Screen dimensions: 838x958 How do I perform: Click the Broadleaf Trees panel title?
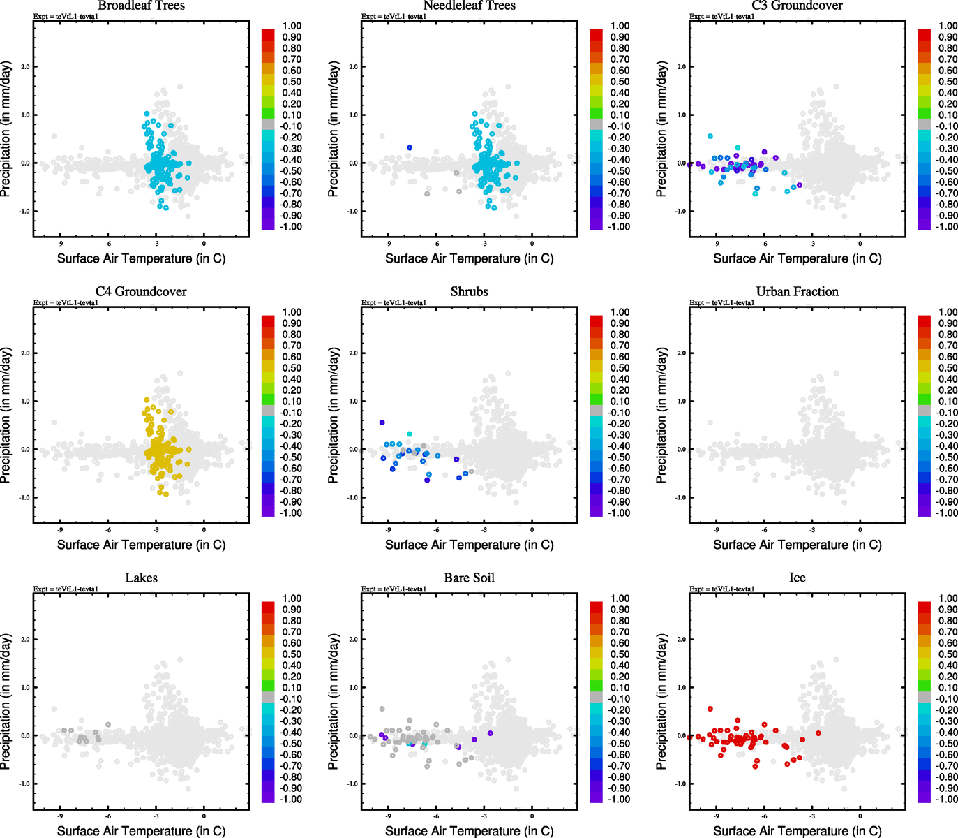(x=141, y=6)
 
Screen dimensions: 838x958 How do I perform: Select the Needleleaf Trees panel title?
(x=469, y=6)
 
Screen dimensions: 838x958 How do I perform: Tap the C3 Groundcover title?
(x=797, y=6)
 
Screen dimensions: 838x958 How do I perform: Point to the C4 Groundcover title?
(x=141, y=291)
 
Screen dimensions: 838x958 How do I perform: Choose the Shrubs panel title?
(x=469, y=291)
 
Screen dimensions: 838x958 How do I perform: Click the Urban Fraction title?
(x=797, y=291)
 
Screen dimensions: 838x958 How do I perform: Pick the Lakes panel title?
(x=141, y=578)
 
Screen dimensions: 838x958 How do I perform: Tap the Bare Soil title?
(x=469, y=578)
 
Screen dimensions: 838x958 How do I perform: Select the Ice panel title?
(x=797, y=578)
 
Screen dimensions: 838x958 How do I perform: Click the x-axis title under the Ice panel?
(x=797, y=830)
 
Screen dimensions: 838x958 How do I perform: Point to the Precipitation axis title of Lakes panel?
(x=6, y=702)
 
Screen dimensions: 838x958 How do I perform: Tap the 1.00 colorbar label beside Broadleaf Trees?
(x=292, y=26)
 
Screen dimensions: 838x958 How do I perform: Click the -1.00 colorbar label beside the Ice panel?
(x=946, y=799)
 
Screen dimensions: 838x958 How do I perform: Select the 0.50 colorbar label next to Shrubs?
(x=620, y=368)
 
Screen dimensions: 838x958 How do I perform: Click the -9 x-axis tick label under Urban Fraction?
(x=716, y=530)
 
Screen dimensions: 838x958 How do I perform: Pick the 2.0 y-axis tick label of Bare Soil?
(x=353, y=640)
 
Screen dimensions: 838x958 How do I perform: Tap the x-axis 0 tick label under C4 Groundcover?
(x=204, y=530)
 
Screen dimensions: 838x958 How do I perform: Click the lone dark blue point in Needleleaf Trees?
(x=410, y=148)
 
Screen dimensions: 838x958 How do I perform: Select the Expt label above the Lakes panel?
(x=66, y=589)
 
